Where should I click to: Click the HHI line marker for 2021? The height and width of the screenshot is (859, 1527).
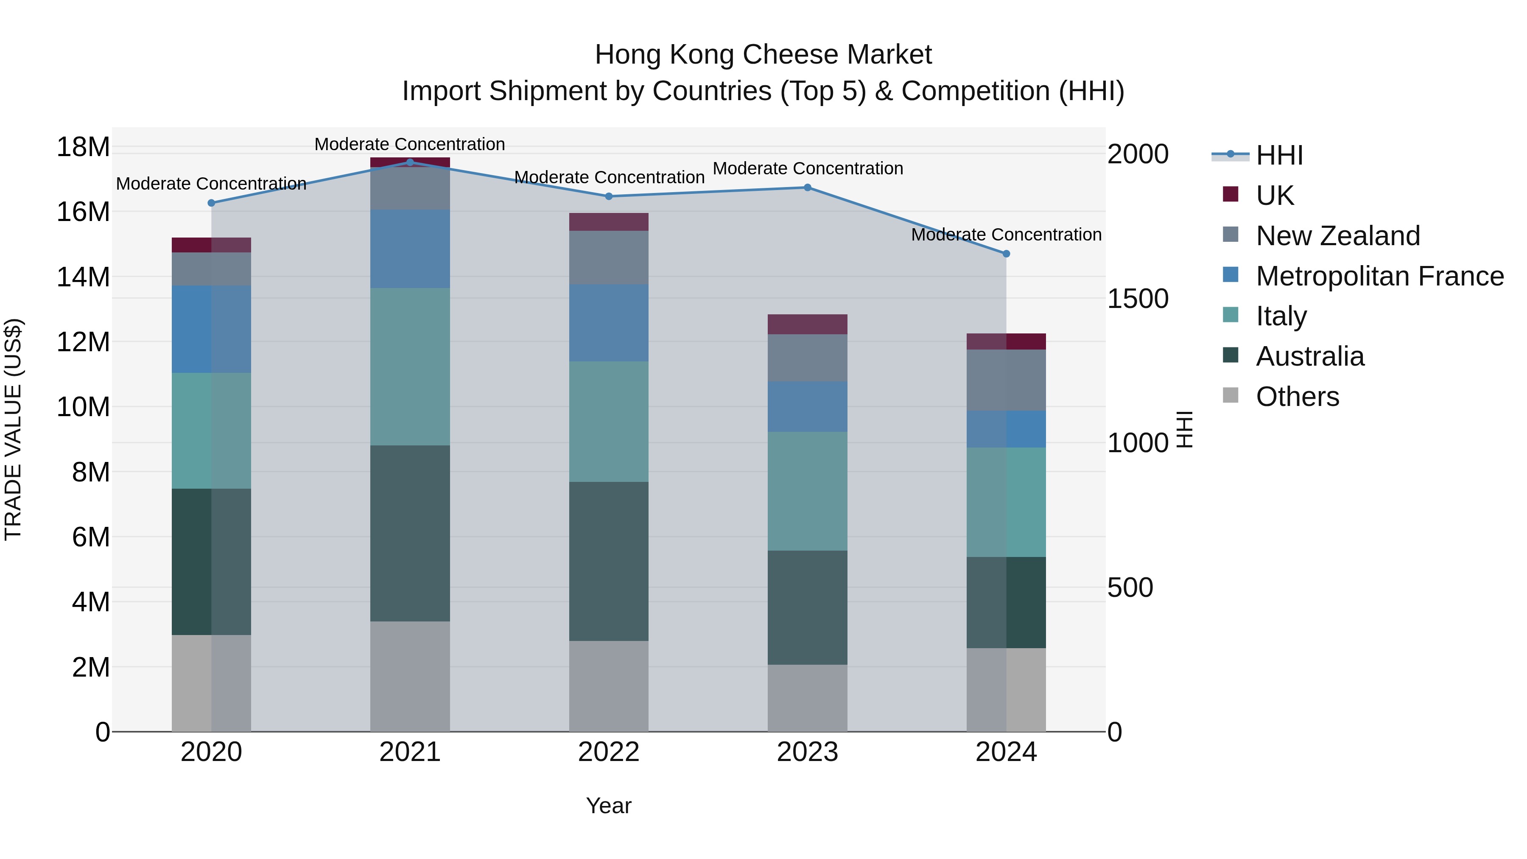click(x=410, y=162)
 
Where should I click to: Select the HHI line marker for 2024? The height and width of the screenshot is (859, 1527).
click(x=1006, y=254)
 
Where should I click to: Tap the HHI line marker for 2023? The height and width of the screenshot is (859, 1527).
click(x=807, y=187)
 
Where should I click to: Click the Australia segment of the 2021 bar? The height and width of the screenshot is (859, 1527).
click(x=410, y=534)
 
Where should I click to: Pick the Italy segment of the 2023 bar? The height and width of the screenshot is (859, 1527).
click(x=807, y=491)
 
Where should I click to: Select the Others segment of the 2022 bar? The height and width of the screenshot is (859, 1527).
click(x=609, y=686)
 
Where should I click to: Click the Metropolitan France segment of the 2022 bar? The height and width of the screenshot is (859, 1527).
click(x=609, y=323)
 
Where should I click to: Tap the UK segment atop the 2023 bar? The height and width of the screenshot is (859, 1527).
click(x=807, y=324)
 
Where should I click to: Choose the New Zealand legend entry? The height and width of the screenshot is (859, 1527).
click(x=1337, y=236)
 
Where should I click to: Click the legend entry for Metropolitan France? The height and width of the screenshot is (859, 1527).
click(x=1379, y=276)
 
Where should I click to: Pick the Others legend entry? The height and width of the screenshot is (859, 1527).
click(x=1297, y=397)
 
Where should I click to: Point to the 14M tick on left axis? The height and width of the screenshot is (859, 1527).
click(x=83, y=277)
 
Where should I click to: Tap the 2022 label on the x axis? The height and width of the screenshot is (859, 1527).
click(x=609, y=752)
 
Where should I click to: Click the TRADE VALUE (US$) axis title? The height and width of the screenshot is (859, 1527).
click(x=13, y=429)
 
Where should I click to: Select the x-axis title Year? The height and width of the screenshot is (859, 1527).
click(x=609, y=806)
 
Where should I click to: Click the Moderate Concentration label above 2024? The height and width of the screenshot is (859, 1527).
click(x=1006, y=235)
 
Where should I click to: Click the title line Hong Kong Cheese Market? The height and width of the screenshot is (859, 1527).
click(x=763, y=55)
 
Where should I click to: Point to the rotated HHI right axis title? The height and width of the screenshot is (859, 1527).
click(x=1184, y=429)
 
